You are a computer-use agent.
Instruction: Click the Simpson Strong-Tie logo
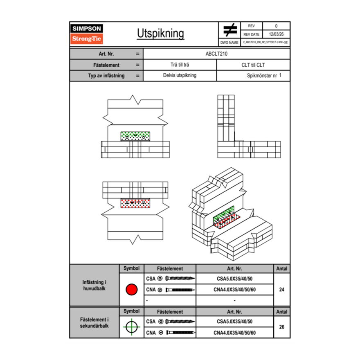tap(87, 34)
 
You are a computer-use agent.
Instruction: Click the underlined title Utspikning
tap(160, 34)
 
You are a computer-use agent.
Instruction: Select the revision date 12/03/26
tap(276, 34)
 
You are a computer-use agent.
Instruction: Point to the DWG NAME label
tap(229, 42)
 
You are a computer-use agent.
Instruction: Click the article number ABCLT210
tap(216, 54)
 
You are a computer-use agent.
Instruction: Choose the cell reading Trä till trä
tap(180, 65)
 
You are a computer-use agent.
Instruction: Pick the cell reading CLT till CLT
tap(253, 65)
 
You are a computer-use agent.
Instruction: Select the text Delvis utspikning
tap(180, 76)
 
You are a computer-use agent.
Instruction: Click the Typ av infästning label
tap(106, 76)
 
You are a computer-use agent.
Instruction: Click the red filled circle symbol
tap(131, 290)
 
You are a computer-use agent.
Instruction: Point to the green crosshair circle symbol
tap(131, 327)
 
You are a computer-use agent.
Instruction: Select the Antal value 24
tap(281, 290)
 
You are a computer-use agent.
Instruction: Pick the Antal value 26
tap(281, 327)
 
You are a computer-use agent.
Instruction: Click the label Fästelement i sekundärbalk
tap(94, 323)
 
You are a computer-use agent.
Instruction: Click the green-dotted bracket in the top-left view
tap(135, 136)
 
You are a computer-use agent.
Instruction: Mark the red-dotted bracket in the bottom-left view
tap(135, 203)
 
